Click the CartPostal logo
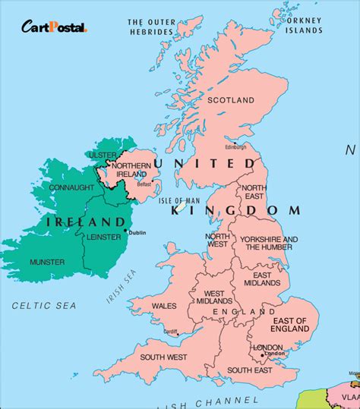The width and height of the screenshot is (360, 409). click(x=54, y=28)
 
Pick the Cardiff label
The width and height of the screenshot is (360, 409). click(x=169, y=331)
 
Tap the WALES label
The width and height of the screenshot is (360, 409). click(x=166, y=307)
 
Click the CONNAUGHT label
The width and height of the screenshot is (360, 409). click(x=52, y=187)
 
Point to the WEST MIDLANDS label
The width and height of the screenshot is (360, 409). click(x=214, y=298)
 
